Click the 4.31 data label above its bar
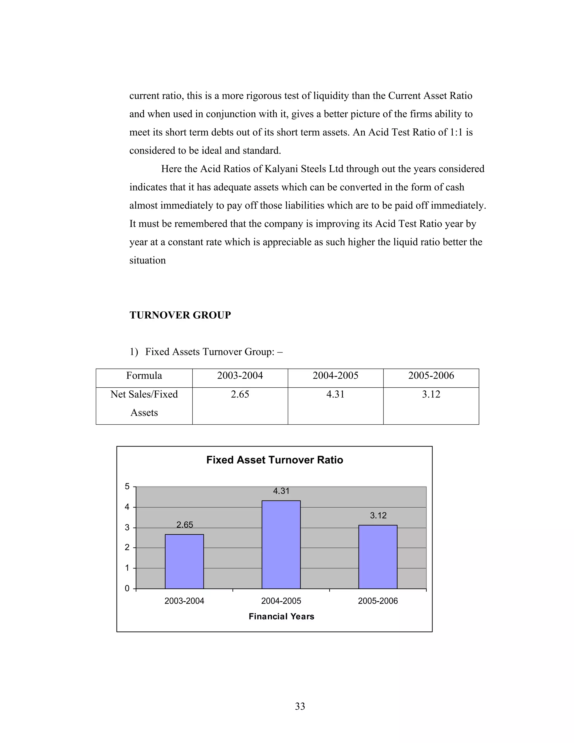click(x=281, y=491)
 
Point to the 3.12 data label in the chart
click(x=378, y=515)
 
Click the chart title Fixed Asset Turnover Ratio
click(x=275, y=460)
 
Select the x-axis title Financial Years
click(x=281, y=616)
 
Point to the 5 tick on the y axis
click(x=127, y=487)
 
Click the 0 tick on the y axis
click(x=127, y=589)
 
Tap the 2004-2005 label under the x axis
click(x=281, y=601)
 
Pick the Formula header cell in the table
click(x=144, y=376)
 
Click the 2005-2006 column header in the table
click(x=431, y=376)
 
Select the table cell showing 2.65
click(x=240, y=394)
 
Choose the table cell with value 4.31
click(x=335, y=394)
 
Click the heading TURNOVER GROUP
click(x=180, y=315)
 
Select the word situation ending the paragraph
click(x=147, y=260)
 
